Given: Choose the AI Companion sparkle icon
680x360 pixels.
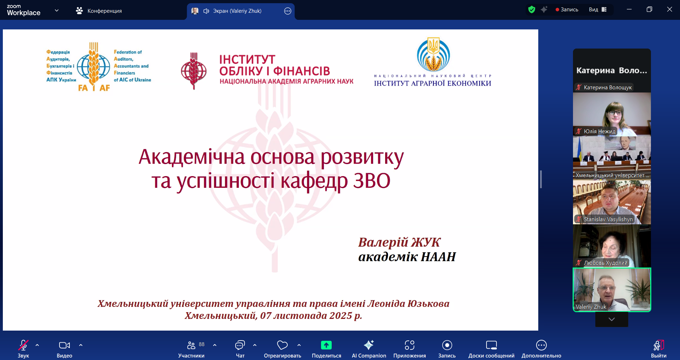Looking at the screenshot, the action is pyautogui.click(x=369, y=345).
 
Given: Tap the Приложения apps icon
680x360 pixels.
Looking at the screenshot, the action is pyautogui.click(x=410, y=345).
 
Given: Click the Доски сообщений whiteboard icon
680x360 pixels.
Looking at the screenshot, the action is pyautogui.click(x=491, y=345).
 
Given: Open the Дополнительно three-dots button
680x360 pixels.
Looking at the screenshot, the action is pyautogui.click(x=541, y=345).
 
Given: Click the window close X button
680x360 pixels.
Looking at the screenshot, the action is pyautogui.click(x=669, y=10).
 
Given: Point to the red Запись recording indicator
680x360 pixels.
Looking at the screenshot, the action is pyautogui.click(x=567, y=10).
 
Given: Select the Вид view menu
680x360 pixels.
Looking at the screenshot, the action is pyautogui.click(x=598, y=10).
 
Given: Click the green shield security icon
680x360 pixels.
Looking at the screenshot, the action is pyautogui.click(x=532, y=10).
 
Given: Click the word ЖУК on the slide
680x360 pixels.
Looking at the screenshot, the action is pyautogui.click(x=425, y=242).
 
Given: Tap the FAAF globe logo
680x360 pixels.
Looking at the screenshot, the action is pyautogui.click(x=94, y=67).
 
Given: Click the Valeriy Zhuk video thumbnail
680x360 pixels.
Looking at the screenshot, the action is pyautogui.click(x=612, y=290).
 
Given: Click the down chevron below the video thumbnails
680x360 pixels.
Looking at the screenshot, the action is pyautogui.click(x=612, y=319).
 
